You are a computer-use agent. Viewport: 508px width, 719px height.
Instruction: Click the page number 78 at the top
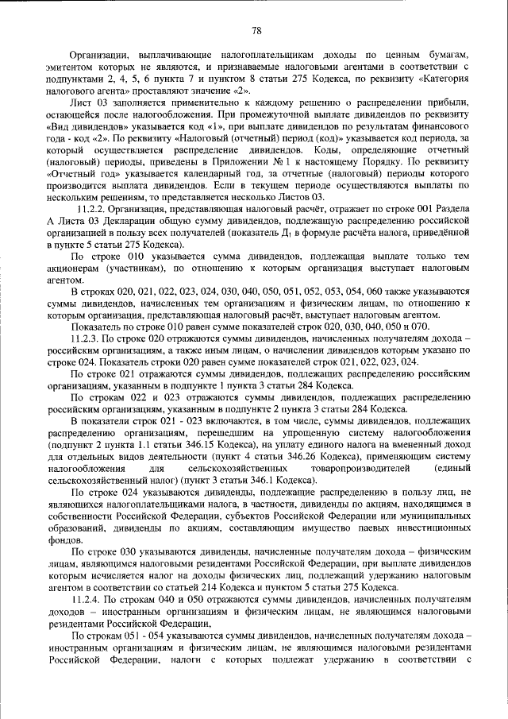point(256,31)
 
